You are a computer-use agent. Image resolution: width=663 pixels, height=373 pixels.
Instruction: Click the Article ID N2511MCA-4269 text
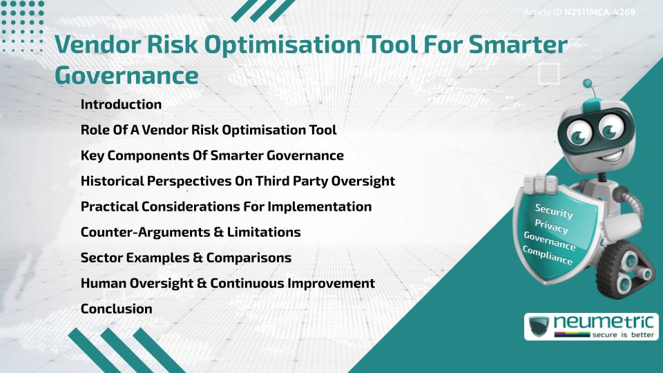coord(579,12)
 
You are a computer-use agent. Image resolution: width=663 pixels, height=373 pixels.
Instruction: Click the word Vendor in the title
coord(102,45)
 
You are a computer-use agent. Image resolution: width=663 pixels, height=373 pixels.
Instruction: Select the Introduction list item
coord(121,105)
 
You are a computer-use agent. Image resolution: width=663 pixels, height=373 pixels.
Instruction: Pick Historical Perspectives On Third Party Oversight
coord(237,181)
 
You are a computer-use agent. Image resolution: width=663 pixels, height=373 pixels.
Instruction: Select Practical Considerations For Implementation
coord(226,207)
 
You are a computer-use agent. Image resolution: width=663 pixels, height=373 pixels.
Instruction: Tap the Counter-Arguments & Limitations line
coord(190,232)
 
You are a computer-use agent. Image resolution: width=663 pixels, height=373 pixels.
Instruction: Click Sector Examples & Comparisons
coord(185,258)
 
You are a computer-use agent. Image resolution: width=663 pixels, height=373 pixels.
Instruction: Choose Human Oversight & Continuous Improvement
coord(227,283)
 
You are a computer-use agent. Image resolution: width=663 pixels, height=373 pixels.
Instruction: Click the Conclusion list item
coord(116,309)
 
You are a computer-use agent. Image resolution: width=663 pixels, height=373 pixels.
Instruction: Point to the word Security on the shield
coord(555,211)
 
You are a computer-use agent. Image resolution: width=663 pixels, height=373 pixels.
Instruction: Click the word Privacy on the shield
coord(551,227)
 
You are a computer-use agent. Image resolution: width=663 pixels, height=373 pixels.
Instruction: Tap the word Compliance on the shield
coord(548,256)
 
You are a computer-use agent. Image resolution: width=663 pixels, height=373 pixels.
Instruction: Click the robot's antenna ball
coord(588,84)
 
